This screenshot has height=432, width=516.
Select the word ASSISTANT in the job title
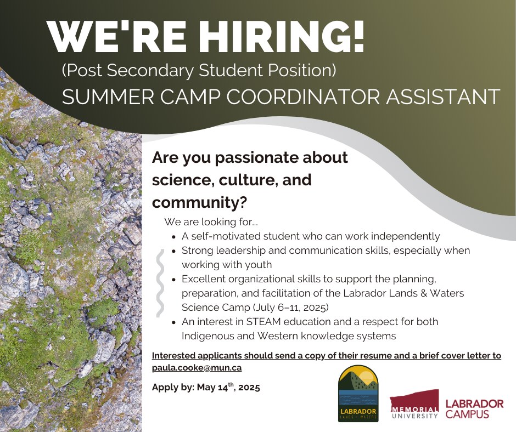[443, 96]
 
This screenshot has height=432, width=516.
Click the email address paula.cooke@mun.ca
[197, 367]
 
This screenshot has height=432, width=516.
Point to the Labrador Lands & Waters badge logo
[358, 394]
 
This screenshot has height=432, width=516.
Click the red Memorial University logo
[414, 404]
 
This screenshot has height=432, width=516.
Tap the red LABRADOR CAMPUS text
[474, 408]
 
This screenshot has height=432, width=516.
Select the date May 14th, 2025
[228, 387]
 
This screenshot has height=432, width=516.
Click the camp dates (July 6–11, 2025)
[291, 308]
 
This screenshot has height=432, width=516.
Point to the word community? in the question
[199, 202]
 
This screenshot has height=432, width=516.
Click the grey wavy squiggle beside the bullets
[160, 283]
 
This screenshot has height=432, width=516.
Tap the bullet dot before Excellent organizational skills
[174, 280]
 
